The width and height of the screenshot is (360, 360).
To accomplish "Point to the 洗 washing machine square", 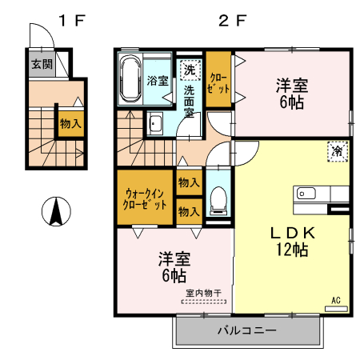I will click(190, 70).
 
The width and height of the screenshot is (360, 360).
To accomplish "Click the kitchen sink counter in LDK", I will click(323, 194).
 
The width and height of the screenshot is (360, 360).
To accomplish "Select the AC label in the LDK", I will click(336, 300).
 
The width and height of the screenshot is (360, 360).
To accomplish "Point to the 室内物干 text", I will click(205, 293).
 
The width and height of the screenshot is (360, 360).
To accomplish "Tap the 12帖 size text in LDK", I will click(294, 250).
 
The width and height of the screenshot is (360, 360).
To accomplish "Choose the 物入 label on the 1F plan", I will click(70, 123).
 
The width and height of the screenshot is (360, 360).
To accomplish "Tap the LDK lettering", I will click(294, 232).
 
